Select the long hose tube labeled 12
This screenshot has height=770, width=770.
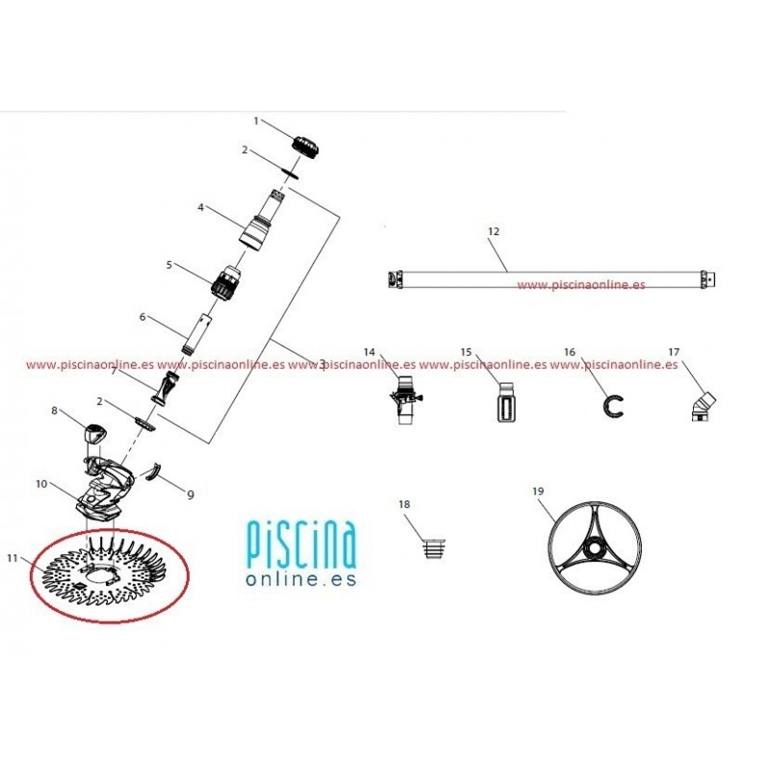(x=552, y=280)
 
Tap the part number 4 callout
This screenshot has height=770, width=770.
(x=200, y=207)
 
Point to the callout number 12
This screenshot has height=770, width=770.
(x=494, y=232)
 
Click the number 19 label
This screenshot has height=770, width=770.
(x=538, y=491)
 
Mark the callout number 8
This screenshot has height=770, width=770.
(x=54, y=411)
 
